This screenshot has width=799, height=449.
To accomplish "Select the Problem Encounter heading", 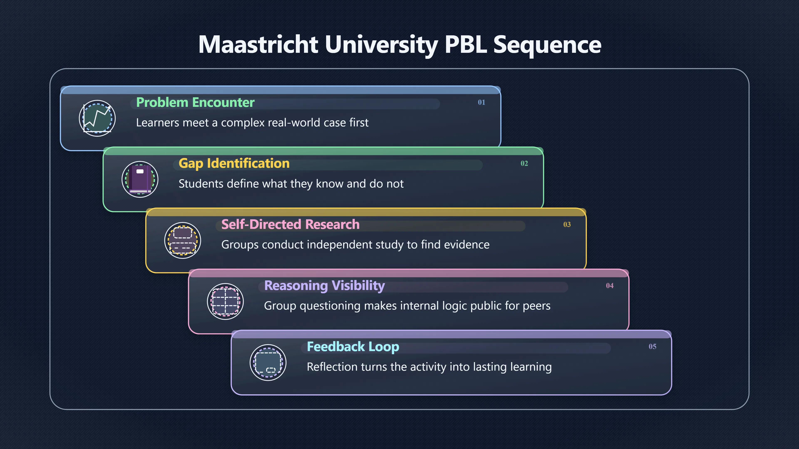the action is click(195, 102).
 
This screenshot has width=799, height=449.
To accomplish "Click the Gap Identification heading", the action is click(234, 164).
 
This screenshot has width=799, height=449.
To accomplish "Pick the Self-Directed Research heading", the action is click(290, 224).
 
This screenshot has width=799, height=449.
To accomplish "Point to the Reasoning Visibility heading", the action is click(324, 286).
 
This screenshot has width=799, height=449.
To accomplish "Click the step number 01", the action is click(481, 102).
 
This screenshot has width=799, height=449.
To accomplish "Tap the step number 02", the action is click(524, 163).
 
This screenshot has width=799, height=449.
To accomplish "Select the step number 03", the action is click(567, 224).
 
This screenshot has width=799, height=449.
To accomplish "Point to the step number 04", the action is click(610, 285).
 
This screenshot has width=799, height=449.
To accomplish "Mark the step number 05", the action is click(653, 347).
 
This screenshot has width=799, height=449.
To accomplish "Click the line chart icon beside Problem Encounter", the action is click(97, 118).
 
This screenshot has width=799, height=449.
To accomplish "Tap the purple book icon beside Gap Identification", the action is click(140, 179).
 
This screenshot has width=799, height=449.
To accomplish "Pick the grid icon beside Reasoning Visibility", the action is click(226, 301).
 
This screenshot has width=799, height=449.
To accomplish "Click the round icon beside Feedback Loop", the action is click(268, 363).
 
